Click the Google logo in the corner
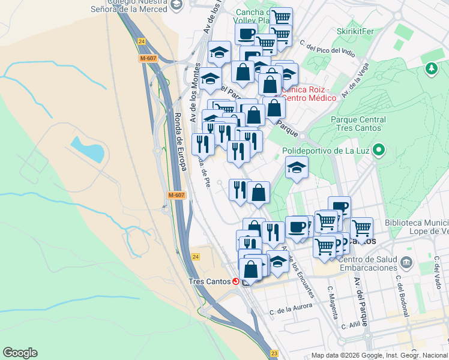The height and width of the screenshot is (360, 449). click(x=20, y=353)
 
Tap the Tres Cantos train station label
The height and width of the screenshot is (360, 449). click(x=209, y=281)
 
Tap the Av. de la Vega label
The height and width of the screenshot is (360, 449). click(x=354, y=80)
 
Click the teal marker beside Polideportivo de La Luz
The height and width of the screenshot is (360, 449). click(x=378, y=149)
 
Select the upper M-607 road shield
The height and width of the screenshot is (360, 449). click(x=148, y=58)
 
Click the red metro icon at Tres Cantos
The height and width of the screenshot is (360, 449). click(x=237, y=281)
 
